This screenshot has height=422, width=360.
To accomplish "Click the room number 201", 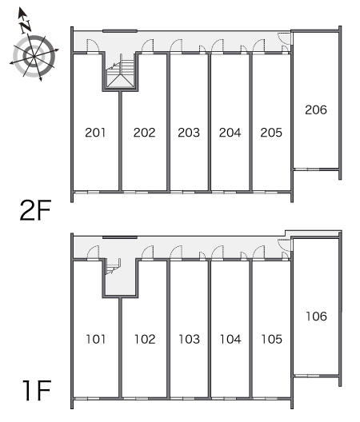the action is (x=95, y=133).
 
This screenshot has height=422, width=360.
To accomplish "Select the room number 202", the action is (x=145, y=133).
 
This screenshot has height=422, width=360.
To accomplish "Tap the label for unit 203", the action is (x=189, y=133).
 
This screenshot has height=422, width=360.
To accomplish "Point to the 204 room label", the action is (x=230, y=133).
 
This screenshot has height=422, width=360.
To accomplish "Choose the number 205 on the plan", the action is (x=271, y=133).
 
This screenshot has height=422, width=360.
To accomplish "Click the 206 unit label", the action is (x=316, y=109).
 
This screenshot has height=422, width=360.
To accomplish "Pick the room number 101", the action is (x=96, y=339).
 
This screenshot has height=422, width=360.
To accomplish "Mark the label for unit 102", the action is (x=145, y=339).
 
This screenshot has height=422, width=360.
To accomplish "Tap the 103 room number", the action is (x=189, y=339).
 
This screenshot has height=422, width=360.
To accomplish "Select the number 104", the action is (x=230, y=339).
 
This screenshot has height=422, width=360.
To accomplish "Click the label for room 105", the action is (x=272, y=339).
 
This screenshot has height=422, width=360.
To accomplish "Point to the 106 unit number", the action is (x=316, y=316).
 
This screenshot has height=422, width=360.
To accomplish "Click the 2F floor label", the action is (x=35, y=210).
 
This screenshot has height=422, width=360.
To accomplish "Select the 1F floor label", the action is (x=37, y=391).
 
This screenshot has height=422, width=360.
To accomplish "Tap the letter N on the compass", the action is (x=26, y=26).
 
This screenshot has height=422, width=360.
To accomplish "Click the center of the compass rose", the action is (x=34, y=56).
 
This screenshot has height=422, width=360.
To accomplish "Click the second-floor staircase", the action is (x=120, y=71).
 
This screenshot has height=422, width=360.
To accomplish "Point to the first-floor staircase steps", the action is (x=113, y=266).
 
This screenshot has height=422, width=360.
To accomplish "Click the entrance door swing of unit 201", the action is (x=93, y=45).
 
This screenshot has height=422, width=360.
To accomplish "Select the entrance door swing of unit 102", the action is (x=148, y=252).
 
